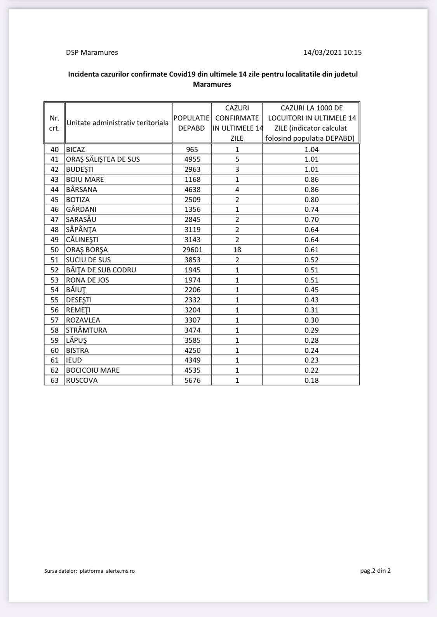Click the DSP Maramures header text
[92, 52]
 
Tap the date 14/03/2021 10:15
[332, 52]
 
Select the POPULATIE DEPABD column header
[192, 123]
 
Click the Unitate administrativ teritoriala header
[118, 123]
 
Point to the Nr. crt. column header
[54, 123]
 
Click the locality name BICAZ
[75, 150]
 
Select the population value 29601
[192, 250]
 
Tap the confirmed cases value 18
[237, 250]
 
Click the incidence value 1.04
[312, 150]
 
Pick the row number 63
[54, 380]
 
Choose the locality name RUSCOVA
[82, 380]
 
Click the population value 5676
[192, 380]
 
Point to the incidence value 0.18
[312, 380]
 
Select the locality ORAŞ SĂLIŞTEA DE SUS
[103, 159]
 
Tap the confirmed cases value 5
[237, 159]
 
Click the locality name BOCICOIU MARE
[93, 370]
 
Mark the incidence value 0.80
[312, 200]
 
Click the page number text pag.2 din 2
[375, 571]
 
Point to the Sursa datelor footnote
[89, 571]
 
